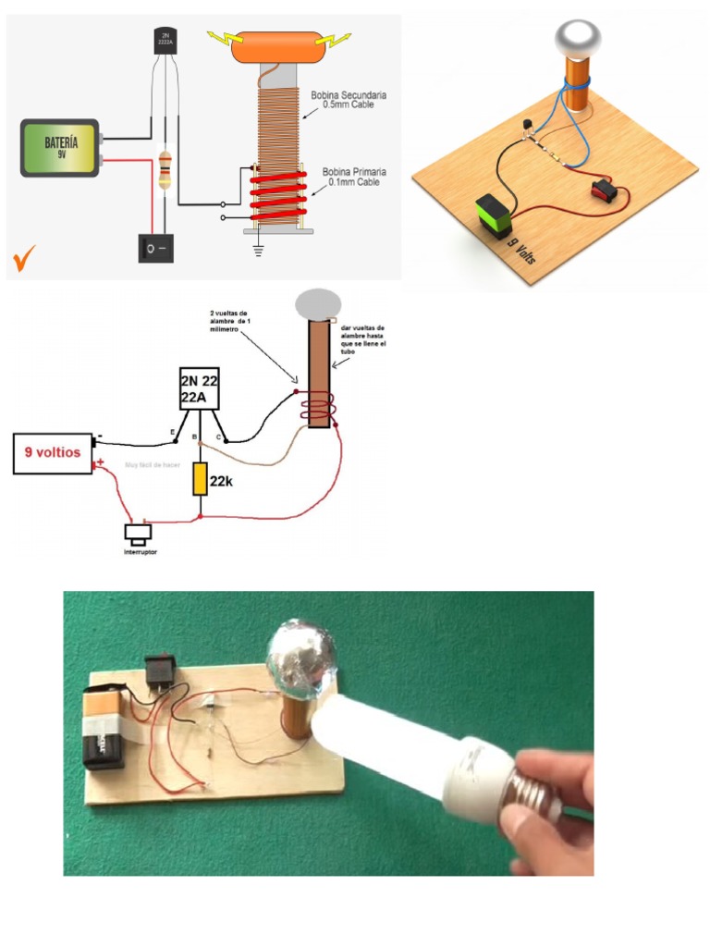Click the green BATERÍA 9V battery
60,147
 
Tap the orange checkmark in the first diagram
24,258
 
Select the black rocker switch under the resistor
156,248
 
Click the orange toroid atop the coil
277,48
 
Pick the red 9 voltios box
53,453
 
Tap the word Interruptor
141,552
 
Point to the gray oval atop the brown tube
317,304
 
